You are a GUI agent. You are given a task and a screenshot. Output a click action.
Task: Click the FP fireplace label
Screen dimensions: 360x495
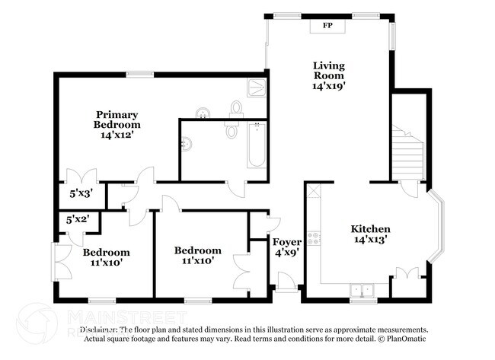click(328, 26)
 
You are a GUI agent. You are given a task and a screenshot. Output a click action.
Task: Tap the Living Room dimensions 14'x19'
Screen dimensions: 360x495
click(329, 86)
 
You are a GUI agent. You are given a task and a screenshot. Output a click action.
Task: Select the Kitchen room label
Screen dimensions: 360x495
click(370, 229)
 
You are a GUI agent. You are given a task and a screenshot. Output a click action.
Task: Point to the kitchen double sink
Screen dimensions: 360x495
click(359, 290)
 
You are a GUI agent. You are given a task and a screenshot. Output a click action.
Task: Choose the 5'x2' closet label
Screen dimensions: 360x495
click(78, 219)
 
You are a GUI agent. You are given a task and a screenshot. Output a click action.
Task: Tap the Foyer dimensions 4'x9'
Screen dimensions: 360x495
click(287, 254)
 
